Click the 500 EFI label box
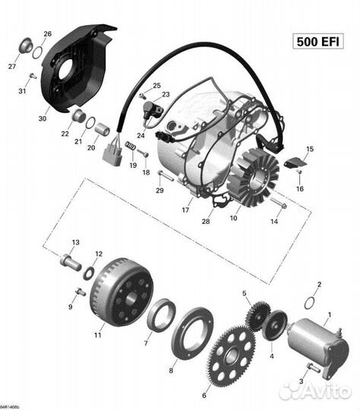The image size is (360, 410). coord(317,42)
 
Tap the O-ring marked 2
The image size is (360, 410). coord(310,303)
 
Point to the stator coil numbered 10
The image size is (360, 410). coord(253,177)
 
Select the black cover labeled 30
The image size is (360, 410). coord(77,68)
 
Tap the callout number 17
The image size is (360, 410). coord(185,210)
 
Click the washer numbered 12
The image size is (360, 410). coord(89,273)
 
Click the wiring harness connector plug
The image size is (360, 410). coord(112,157)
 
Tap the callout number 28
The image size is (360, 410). coord(206,221)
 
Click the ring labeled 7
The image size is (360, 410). coord(161,315)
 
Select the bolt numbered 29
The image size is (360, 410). coord(166,175)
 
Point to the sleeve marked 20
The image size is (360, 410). coord(102,130)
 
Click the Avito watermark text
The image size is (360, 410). coord(314,391)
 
